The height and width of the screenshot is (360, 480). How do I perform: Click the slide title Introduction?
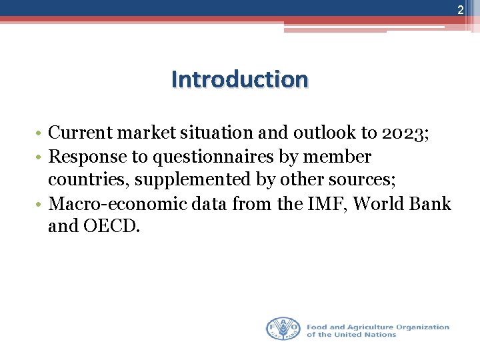pos(240,79)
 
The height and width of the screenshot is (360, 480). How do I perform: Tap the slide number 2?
pos(460,9)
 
